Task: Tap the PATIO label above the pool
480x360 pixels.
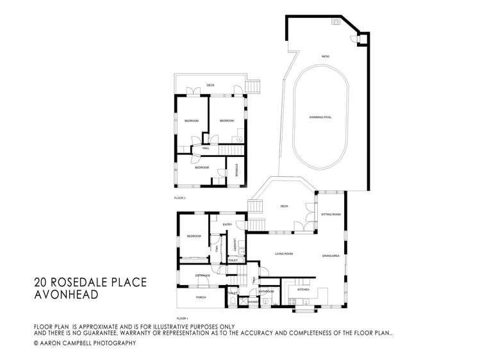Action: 325,57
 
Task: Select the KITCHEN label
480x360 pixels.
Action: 303,290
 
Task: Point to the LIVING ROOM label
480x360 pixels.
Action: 284,254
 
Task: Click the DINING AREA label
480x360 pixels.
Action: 331,256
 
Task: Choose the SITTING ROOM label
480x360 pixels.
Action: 331,215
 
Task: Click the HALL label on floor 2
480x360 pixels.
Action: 206,148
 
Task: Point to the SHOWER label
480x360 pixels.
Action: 244,302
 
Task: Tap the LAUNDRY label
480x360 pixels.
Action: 236,244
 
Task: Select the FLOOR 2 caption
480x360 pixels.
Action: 179,198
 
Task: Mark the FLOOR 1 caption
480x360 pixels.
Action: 183,317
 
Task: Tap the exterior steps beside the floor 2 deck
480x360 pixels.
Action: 254,86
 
